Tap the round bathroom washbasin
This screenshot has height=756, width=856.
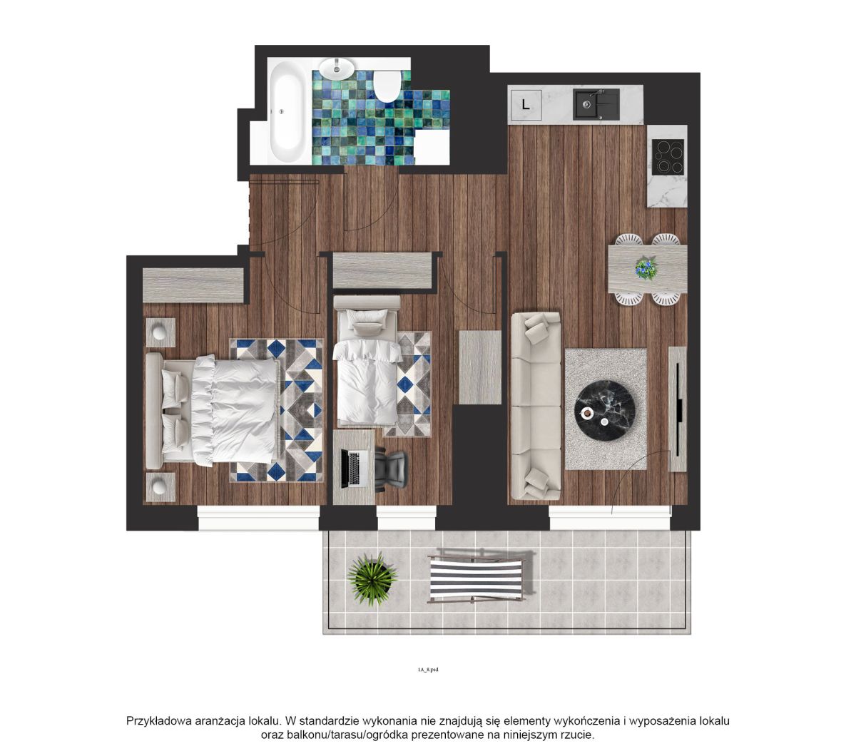coord(337,68)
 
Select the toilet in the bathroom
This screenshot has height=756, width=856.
coord(387,86)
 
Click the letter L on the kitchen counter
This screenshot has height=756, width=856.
coord(525,104)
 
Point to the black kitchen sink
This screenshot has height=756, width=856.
coord(596,104)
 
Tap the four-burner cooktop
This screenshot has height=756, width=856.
coord(668,157)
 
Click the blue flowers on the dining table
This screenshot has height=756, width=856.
coord(646,267)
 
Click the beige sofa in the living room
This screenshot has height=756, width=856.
coord(536,406)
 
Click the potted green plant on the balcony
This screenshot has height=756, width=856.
coord(372,578)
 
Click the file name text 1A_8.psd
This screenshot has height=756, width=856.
coord(427,670)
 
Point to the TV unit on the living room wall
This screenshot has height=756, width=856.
coord(677,409)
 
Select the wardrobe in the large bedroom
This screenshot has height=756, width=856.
coord(193,285)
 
